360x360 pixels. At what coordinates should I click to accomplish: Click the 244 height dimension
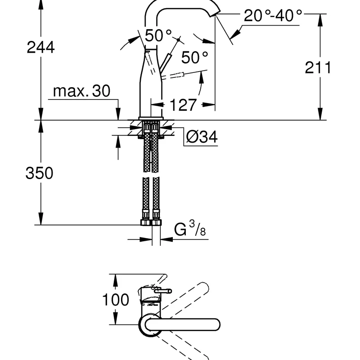[x=40, y=47]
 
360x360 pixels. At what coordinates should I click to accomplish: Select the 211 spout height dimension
[x=318, y=67]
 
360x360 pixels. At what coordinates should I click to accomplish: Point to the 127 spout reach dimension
[x=183, y=105]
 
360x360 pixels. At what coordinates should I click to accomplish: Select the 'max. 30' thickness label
[x=81, y=91]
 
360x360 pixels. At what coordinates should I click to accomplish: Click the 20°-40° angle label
[x=273, y=16]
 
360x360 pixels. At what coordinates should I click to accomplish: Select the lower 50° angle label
[x=195, y=57]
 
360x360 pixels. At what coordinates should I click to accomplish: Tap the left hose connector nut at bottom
[x=145, y=223]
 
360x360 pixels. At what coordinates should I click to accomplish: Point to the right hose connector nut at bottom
[x=156, y=223]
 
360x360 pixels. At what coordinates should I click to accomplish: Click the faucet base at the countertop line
[x=150, y=118]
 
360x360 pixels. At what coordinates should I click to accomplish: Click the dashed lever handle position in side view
[x=184, y=74]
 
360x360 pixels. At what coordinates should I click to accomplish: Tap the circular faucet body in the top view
[x=150, y=325]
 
